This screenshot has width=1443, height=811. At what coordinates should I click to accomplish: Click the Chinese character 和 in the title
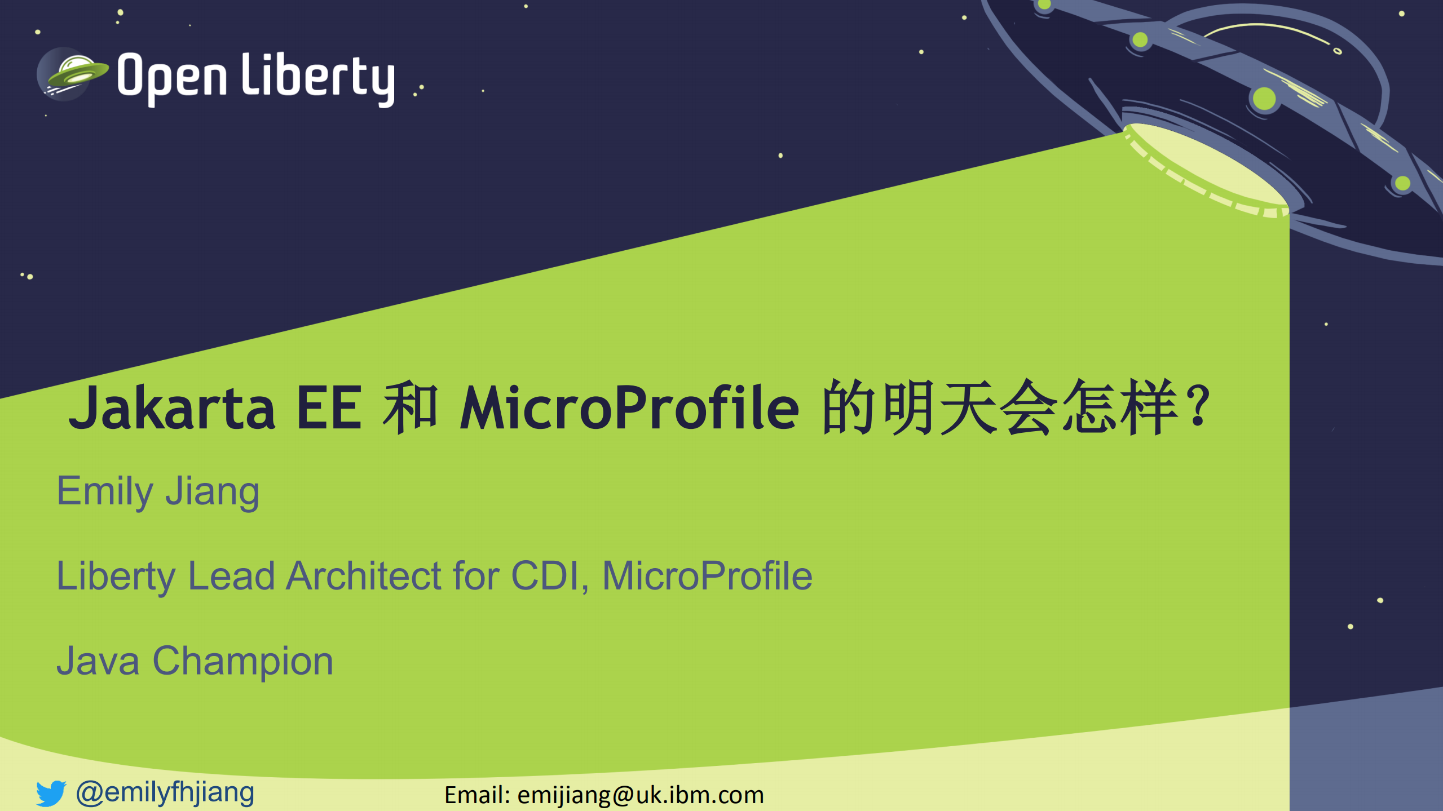pyautogui.click(x=411, y=407)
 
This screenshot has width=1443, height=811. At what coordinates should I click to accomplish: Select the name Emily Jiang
pyautogui.click(x=158, y=491)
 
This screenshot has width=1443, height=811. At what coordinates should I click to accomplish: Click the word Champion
pyautogui.click(x=243, y=661)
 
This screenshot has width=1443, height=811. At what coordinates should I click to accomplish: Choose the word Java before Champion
pyautogui.click(x=98, y=661)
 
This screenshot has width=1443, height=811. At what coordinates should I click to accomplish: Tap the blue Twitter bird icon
pyautogui.click(x=51, y=793)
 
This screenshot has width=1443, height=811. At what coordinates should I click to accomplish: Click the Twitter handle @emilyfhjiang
pyautogui.click(x=165, y=792)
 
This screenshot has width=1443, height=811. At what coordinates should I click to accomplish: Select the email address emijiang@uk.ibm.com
pyautogui.click(x=641, y=795)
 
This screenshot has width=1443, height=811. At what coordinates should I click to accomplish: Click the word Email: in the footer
pyautogui.click(x=477, y=795)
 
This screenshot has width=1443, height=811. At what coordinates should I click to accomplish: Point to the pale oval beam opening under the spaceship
pyautogui.click(x=1207, y=169)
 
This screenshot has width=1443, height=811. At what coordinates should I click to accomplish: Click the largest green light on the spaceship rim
pyautogui.click(x=1264, y=99)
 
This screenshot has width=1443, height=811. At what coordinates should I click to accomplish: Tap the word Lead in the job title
pyautogui.click(x=231, y=576)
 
